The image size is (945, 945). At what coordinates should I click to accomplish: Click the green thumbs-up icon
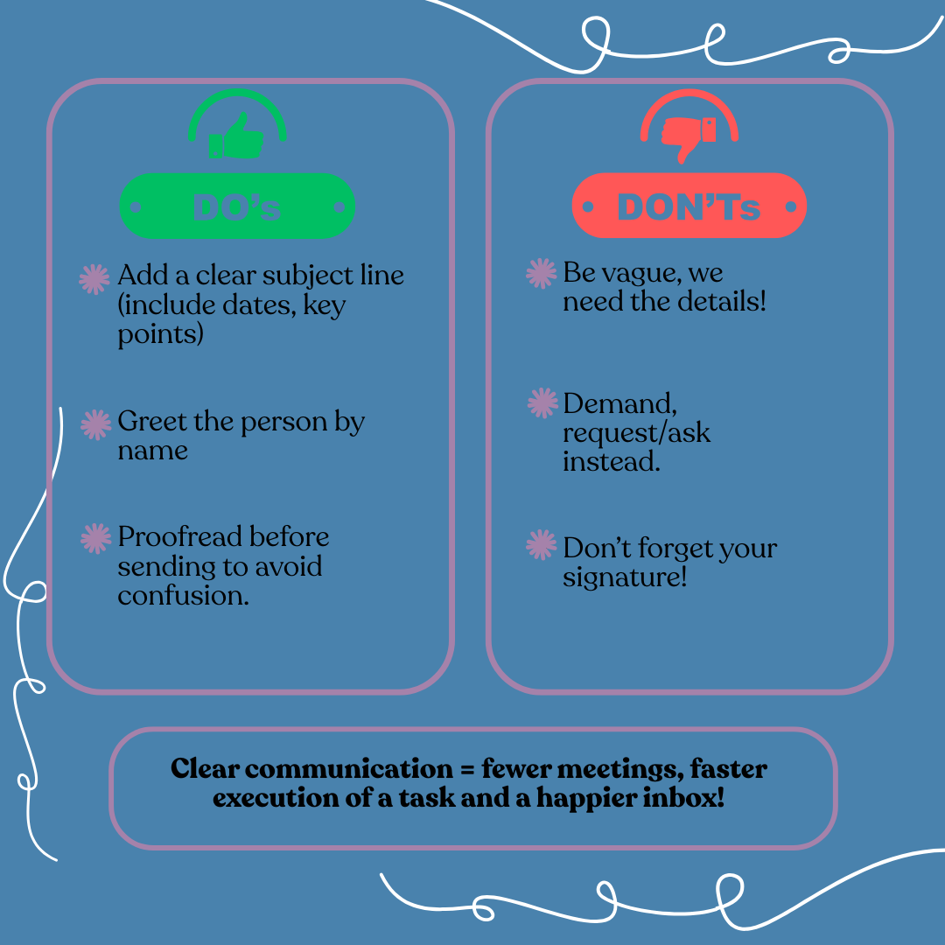click(237, 136)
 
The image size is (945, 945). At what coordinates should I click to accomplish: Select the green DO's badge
click(237, 206)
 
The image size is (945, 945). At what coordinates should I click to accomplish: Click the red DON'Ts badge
click(689, 206)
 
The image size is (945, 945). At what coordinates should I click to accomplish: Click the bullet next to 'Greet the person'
click(94, 424)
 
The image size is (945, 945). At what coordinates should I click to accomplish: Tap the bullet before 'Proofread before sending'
click(94, 539)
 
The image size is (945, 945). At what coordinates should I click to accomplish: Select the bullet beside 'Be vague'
click(542, 274)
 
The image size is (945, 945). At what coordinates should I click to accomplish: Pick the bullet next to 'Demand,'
click(542, 403)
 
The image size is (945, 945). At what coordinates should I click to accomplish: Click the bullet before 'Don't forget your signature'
click(542, 546)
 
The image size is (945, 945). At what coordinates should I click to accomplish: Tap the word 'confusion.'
click(184, 595)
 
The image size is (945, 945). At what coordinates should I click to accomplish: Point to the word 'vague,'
click(643, 273)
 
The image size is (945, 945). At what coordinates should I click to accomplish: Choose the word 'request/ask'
click(636, 432)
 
